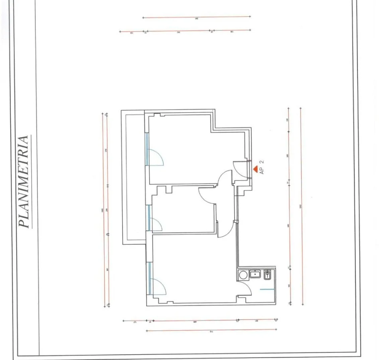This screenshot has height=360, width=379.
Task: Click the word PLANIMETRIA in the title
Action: click(25, 182)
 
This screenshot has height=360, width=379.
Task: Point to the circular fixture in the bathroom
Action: click(242, 274)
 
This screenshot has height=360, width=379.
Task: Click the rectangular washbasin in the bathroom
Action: click(255, 274)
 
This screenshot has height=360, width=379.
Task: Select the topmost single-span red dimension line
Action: click(196, 18)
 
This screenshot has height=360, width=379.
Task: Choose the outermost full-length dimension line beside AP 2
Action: click(301, 205)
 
